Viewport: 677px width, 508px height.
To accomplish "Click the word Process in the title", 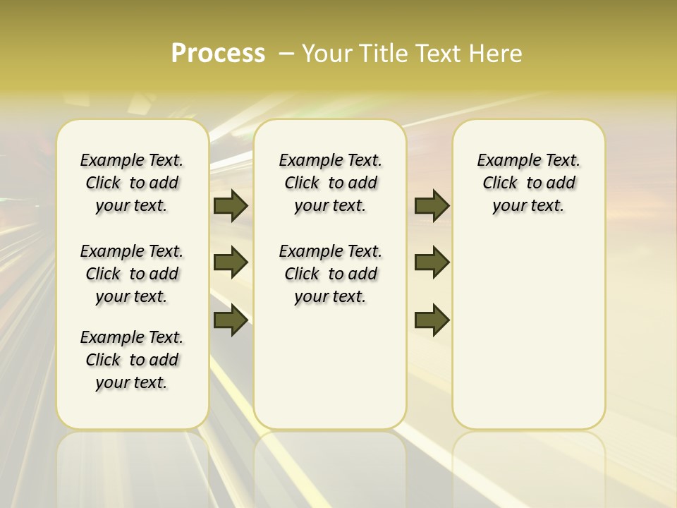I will coord(218,54).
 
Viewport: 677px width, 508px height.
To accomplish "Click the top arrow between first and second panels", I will coord(231,206).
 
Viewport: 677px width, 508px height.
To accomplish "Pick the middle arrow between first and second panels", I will coord(231,262).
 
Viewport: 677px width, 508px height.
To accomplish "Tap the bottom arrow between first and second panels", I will coord(231,320).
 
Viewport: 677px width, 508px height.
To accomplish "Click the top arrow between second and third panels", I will coord(432,206).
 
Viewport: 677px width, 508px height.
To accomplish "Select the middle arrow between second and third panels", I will coord(432,262).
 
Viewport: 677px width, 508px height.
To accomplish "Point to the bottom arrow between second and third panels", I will coord(432,320).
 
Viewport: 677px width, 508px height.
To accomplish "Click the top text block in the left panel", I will coord(132,183).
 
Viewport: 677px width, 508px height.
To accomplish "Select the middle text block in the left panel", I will coord(132,274).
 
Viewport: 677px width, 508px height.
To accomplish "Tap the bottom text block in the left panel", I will coord(132,360).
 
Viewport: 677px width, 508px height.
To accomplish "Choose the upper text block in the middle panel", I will coord(330,183).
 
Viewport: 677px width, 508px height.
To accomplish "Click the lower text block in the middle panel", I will coord(330,274).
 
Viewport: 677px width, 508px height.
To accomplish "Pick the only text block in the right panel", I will coord(528,183).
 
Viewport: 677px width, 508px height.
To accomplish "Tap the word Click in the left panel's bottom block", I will coord(103,360).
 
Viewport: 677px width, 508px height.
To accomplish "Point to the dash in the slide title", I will coord(286,54).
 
